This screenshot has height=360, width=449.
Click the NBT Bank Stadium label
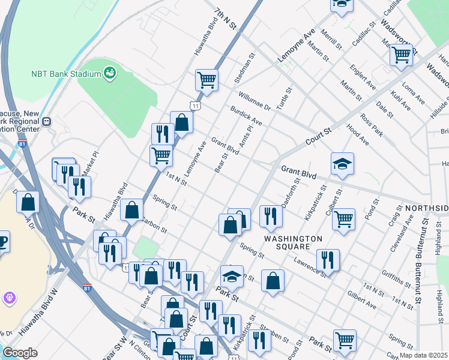pyautogui.click(x=65, y=74)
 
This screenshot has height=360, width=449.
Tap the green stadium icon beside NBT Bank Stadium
pyautogui.click(x=110, y=73)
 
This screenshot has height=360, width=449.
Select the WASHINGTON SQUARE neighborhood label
pyautogui.click(x=294, y=243)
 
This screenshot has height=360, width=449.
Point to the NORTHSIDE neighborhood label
pyautogui.click(x=426, y=208)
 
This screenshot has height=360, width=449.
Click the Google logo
pyautogui.click(x=20, y=353)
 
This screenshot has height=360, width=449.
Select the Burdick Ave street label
pyautogui.click(x=246, y=115)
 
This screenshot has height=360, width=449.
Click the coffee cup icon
pyautogui.click(x=3, y=241)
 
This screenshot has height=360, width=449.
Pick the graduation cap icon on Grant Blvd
pyautogui.click(x=342, y=164)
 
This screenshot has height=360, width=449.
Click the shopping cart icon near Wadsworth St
pyautogui.click(x=400, y=54)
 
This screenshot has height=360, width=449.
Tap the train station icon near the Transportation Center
pyautogui.click(x=47, y=121)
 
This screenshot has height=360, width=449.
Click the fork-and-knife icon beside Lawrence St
pyautogui.click(x=327, y=259)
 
